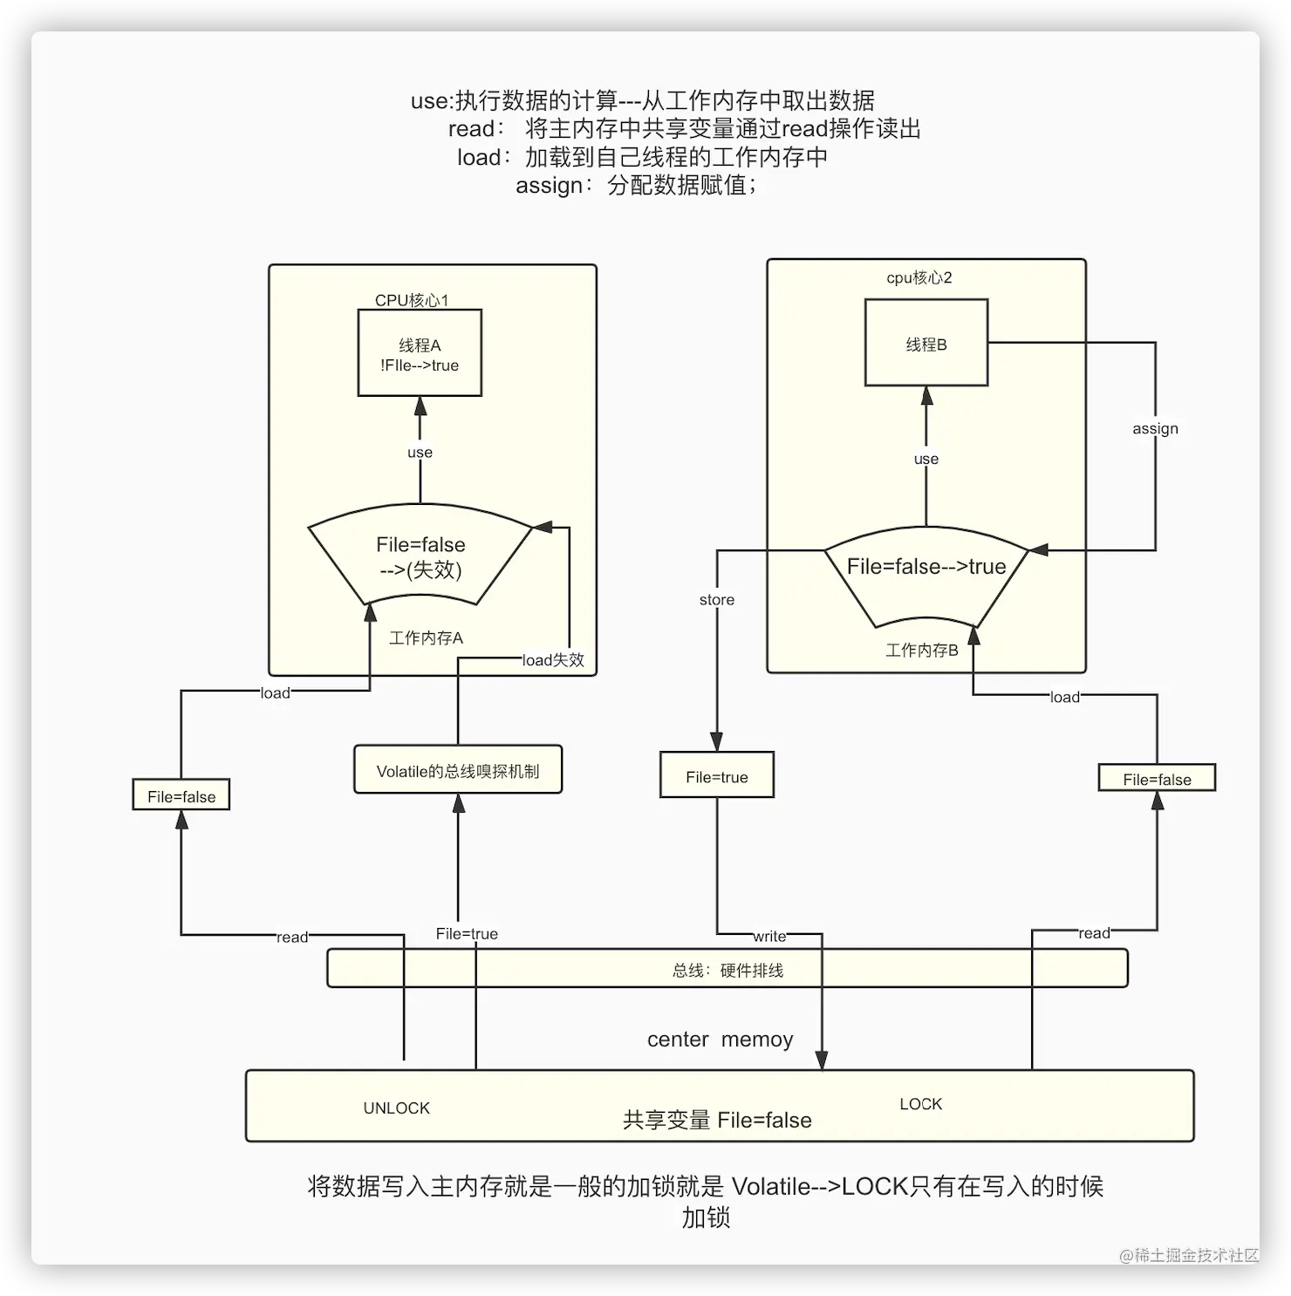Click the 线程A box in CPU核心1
pos(420,353)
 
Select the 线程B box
pos(926,343)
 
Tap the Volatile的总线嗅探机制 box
pos(458,770)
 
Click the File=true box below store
pos(717,776)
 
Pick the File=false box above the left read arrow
pos(181,795)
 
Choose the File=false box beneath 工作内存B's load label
pos(1157,779)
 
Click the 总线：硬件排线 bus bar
pos(727,969)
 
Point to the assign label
pos(1155,428)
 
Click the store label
pos(717,599)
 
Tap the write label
pos(769,936)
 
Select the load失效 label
pos(553,660)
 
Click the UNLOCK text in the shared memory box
pos(397,1108)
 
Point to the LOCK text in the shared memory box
pos(921,1103)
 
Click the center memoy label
pos(720,1039)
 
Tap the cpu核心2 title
pos(919,277)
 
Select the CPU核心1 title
pos(412,300)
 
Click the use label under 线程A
pos(420,452)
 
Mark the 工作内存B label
pos(922,650)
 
